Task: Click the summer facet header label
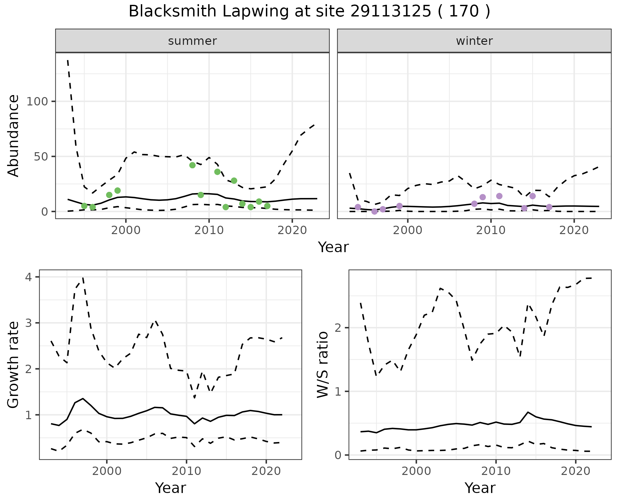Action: [192, 41]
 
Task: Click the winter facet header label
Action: [474, 41]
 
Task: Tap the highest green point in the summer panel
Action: [192, 165]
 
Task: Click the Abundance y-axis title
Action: [14, 135]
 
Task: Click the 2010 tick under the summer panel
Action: [209, 231]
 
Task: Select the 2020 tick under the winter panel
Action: [574, 231]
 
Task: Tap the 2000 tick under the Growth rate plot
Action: [107, 471]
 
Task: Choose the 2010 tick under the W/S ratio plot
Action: [496, 471]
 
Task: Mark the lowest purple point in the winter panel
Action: [374, 212]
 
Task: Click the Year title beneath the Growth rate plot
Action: [171, 488]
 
